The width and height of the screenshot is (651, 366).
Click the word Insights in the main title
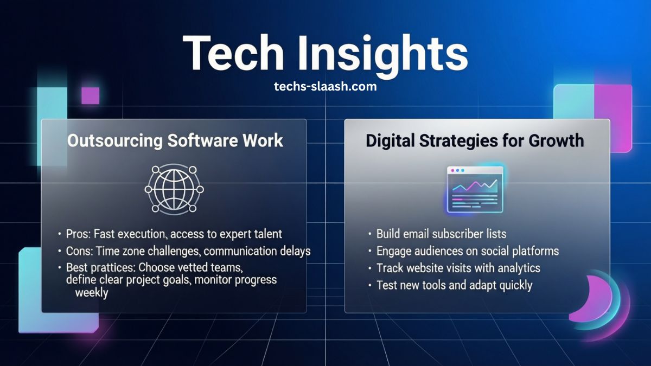[380, 53]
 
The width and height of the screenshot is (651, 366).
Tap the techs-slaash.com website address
[325, 86]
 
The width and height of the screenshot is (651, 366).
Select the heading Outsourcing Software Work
[175, 140]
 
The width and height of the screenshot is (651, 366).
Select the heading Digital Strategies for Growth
[475, 140]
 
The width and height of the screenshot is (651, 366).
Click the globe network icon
[174, 189]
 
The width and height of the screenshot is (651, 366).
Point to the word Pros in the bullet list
[78, 234]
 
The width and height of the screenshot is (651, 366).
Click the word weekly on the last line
[92, 293]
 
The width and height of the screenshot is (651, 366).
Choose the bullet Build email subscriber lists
[441, 234]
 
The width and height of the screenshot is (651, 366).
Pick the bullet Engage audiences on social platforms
[467, 251]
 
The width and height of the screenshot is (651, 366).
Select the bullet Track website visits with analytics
[458, 268]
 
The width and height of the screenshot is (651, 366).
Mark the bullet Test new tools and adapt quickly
[454, 285]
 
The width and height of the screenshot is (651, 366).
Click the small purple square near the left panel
[90, 95]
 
